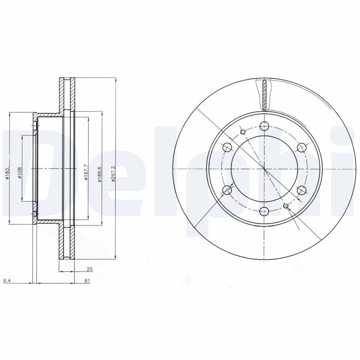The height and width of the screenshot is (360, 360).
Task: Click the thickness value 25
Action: tap(90, 269)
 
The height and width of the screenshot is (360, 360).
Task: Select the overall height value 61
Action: tap(88, 281)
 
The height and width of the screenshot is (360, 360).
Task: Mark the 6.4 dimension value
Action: tap(6, 281)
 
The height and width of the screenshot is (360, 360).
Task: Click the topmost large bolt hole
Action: tap(264, 126)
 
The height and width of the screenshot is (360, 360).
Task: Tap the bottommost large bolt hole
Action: tap(264, 210)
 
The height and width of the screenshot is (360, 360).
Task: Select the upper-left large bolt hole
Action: tap(227, 147)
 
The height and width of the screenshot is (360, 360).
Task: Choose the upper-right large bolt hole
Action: tap(301, 147)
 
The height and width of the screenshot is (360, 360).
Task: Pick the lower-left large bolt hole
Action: tap(227, 190)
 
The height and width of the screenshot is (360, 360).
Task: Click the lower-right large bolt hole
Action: tap(301, 190)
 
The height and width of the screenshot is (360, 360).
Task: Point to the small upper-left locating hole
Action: tap(243, 132)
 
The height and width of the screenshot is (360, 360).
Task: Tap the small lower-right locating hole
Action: tap(286, 206)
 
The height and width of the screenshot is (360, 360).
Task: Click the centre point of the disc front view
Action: tap(265, 168)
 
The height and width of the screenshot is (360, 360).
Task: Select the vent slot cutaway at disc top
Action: tap(265, 94)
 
